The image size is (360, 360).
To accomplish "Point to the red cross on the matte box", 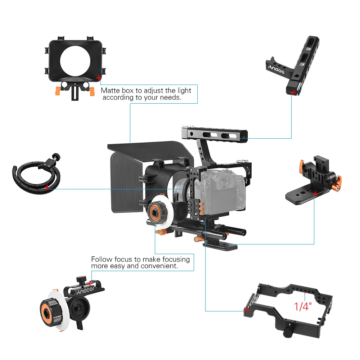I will point(99,77).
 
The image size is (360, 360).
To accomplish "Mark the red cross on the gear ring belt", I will point(47,187).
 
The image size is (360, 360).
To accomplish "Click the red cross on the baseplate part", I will point(316,194).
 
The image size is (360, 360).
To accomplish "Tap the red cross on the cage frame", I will point(247,310).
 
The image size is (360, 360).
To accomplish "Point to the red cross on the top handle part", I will point(293,93).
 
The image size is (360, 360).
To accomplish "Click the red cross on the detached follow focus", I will point(90,283).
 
